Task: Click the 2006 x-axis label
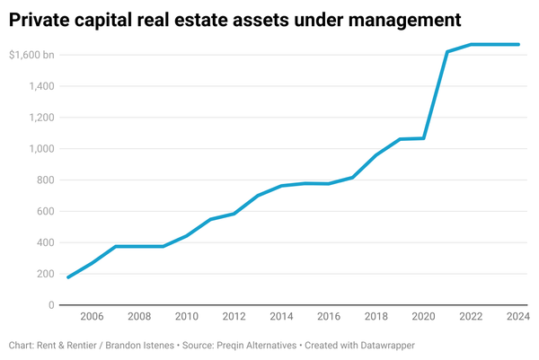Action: [92, 317]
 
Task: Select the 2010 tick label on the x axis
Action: [186, 317]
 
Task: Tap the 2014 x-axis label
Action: [281, 317]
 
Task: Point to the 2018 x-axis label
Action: [376, 317]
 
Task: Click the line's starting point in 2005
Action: [68, 277]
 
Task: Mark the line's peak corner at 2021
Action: [447, 52]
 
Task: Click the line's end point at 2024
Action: [518, 44]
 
